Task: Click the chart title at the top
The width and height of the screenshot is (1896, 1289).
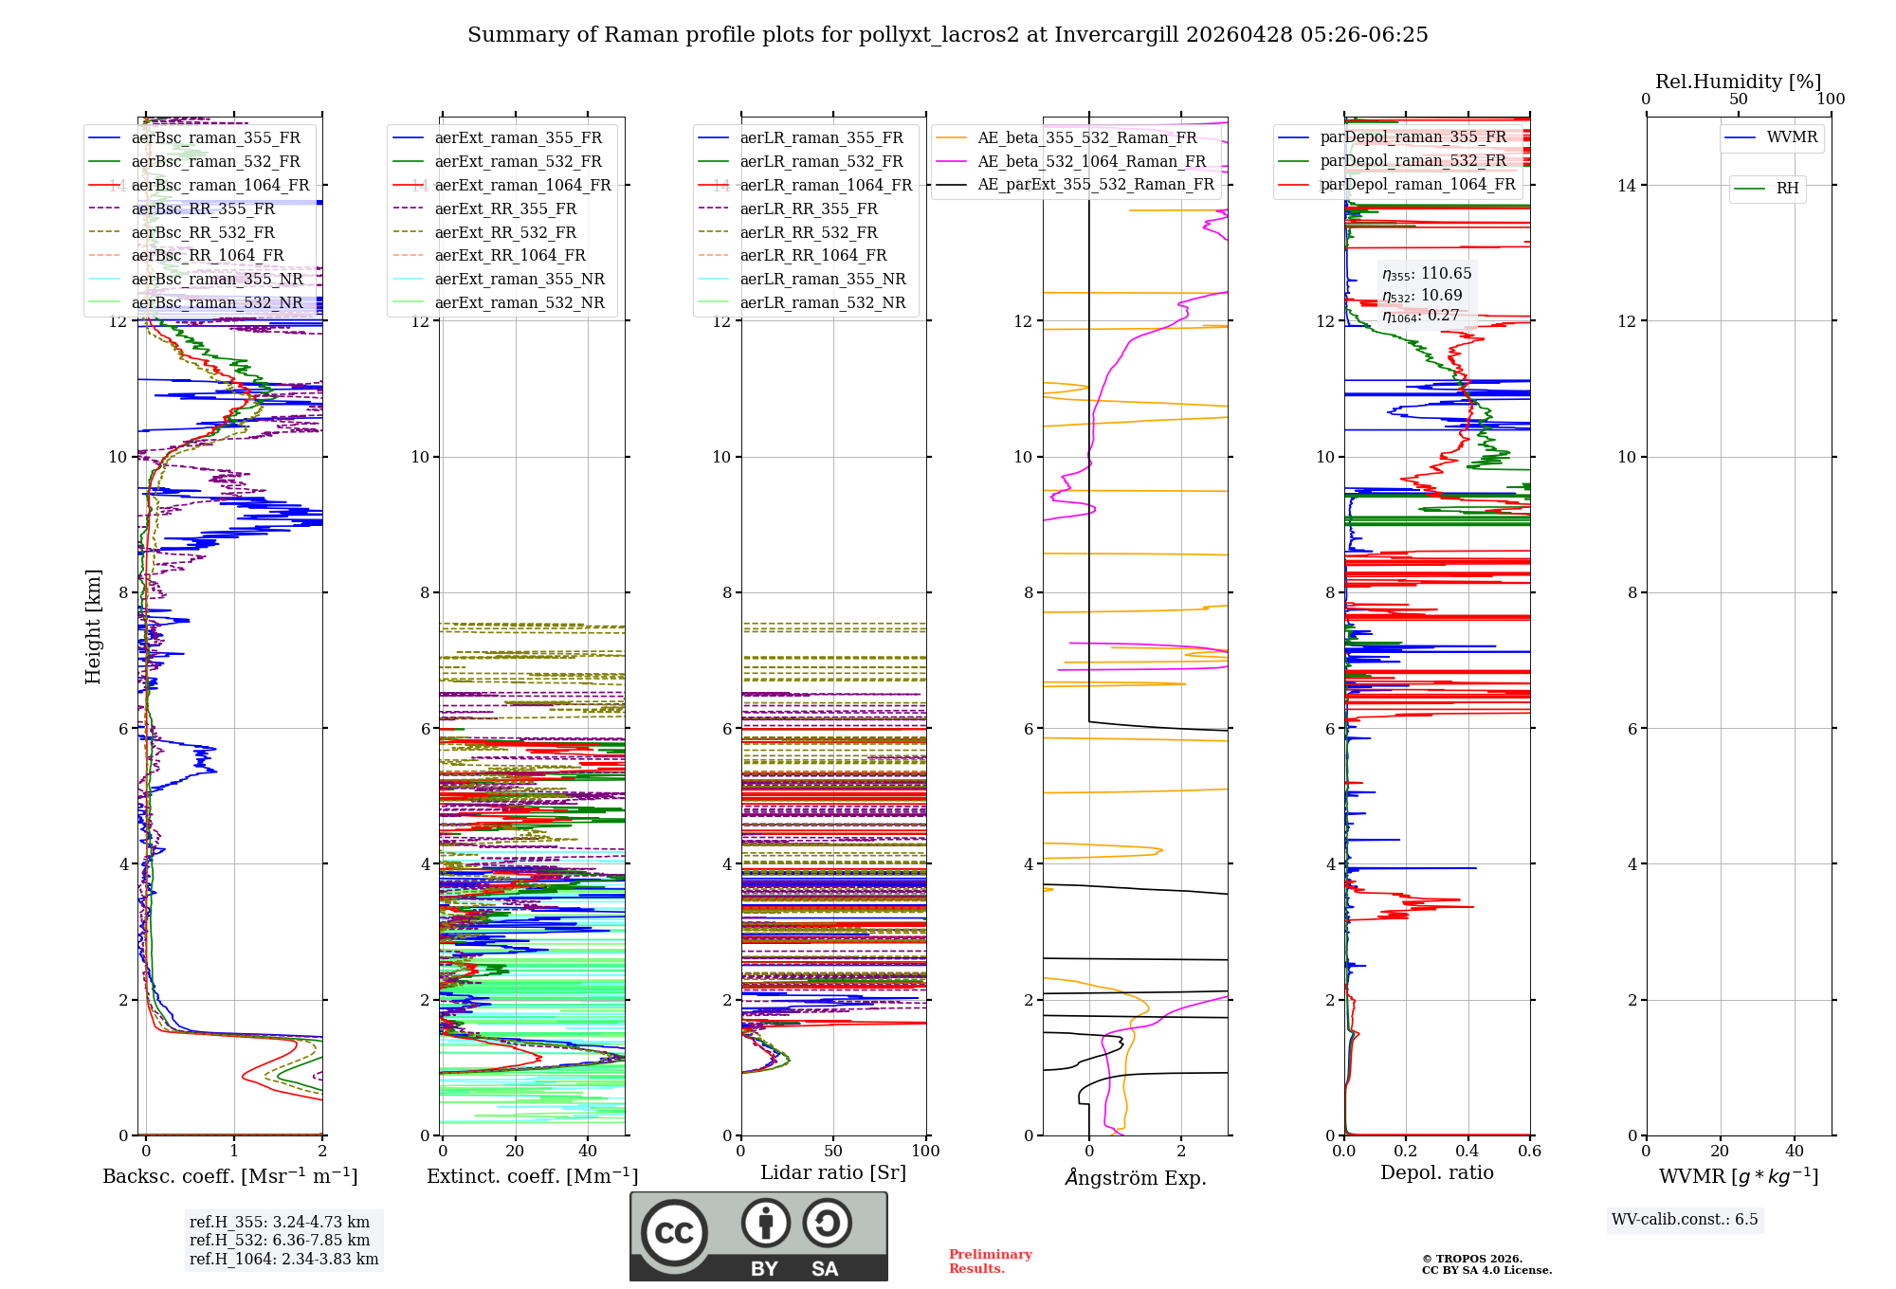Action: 947,35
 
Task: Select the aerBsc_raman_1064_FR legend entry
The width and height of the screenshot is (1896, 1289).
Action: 220,185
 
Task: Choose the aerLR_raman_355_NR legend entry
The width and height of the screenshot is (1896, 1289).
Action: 822,279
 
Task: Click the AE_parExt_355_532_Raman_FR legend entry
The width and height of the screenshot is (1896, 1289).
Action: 1095,184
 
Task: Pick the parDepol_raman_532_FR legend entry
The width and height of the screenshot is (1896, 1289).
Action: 1413,160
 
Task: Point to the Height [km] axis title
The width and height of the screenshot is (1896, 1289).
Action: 93,626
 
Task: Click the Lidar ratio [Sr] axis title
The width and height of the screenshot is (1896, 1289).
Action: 832,1172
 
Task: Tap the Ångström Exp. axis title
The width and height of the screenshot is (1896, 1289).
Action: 1135,1177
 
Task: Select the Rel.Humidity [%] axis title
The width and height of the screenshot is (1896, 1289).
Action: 1738,82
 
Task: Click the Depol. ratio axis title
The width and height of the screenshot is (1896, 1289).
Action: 1436,1172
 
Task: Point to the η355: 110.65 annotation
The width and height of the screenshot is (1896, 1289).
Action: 1427,274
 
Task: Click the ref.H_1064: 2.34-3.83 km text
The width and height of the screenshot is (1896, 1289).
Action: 283,1259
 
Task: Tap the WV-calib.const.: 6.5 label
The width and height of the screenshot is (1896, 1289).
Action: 1685,1219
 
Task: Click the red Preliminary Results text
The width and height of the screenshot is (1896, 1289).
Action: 990,1261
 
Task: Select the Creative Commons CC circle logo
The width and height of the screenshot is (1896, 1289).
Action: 674,1233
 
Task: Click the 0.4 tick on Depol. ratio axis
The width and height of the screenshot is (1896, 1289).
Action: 1468,1151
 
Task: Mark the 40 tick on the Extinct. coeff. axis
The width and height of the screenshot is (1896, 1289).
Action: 588,1151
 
